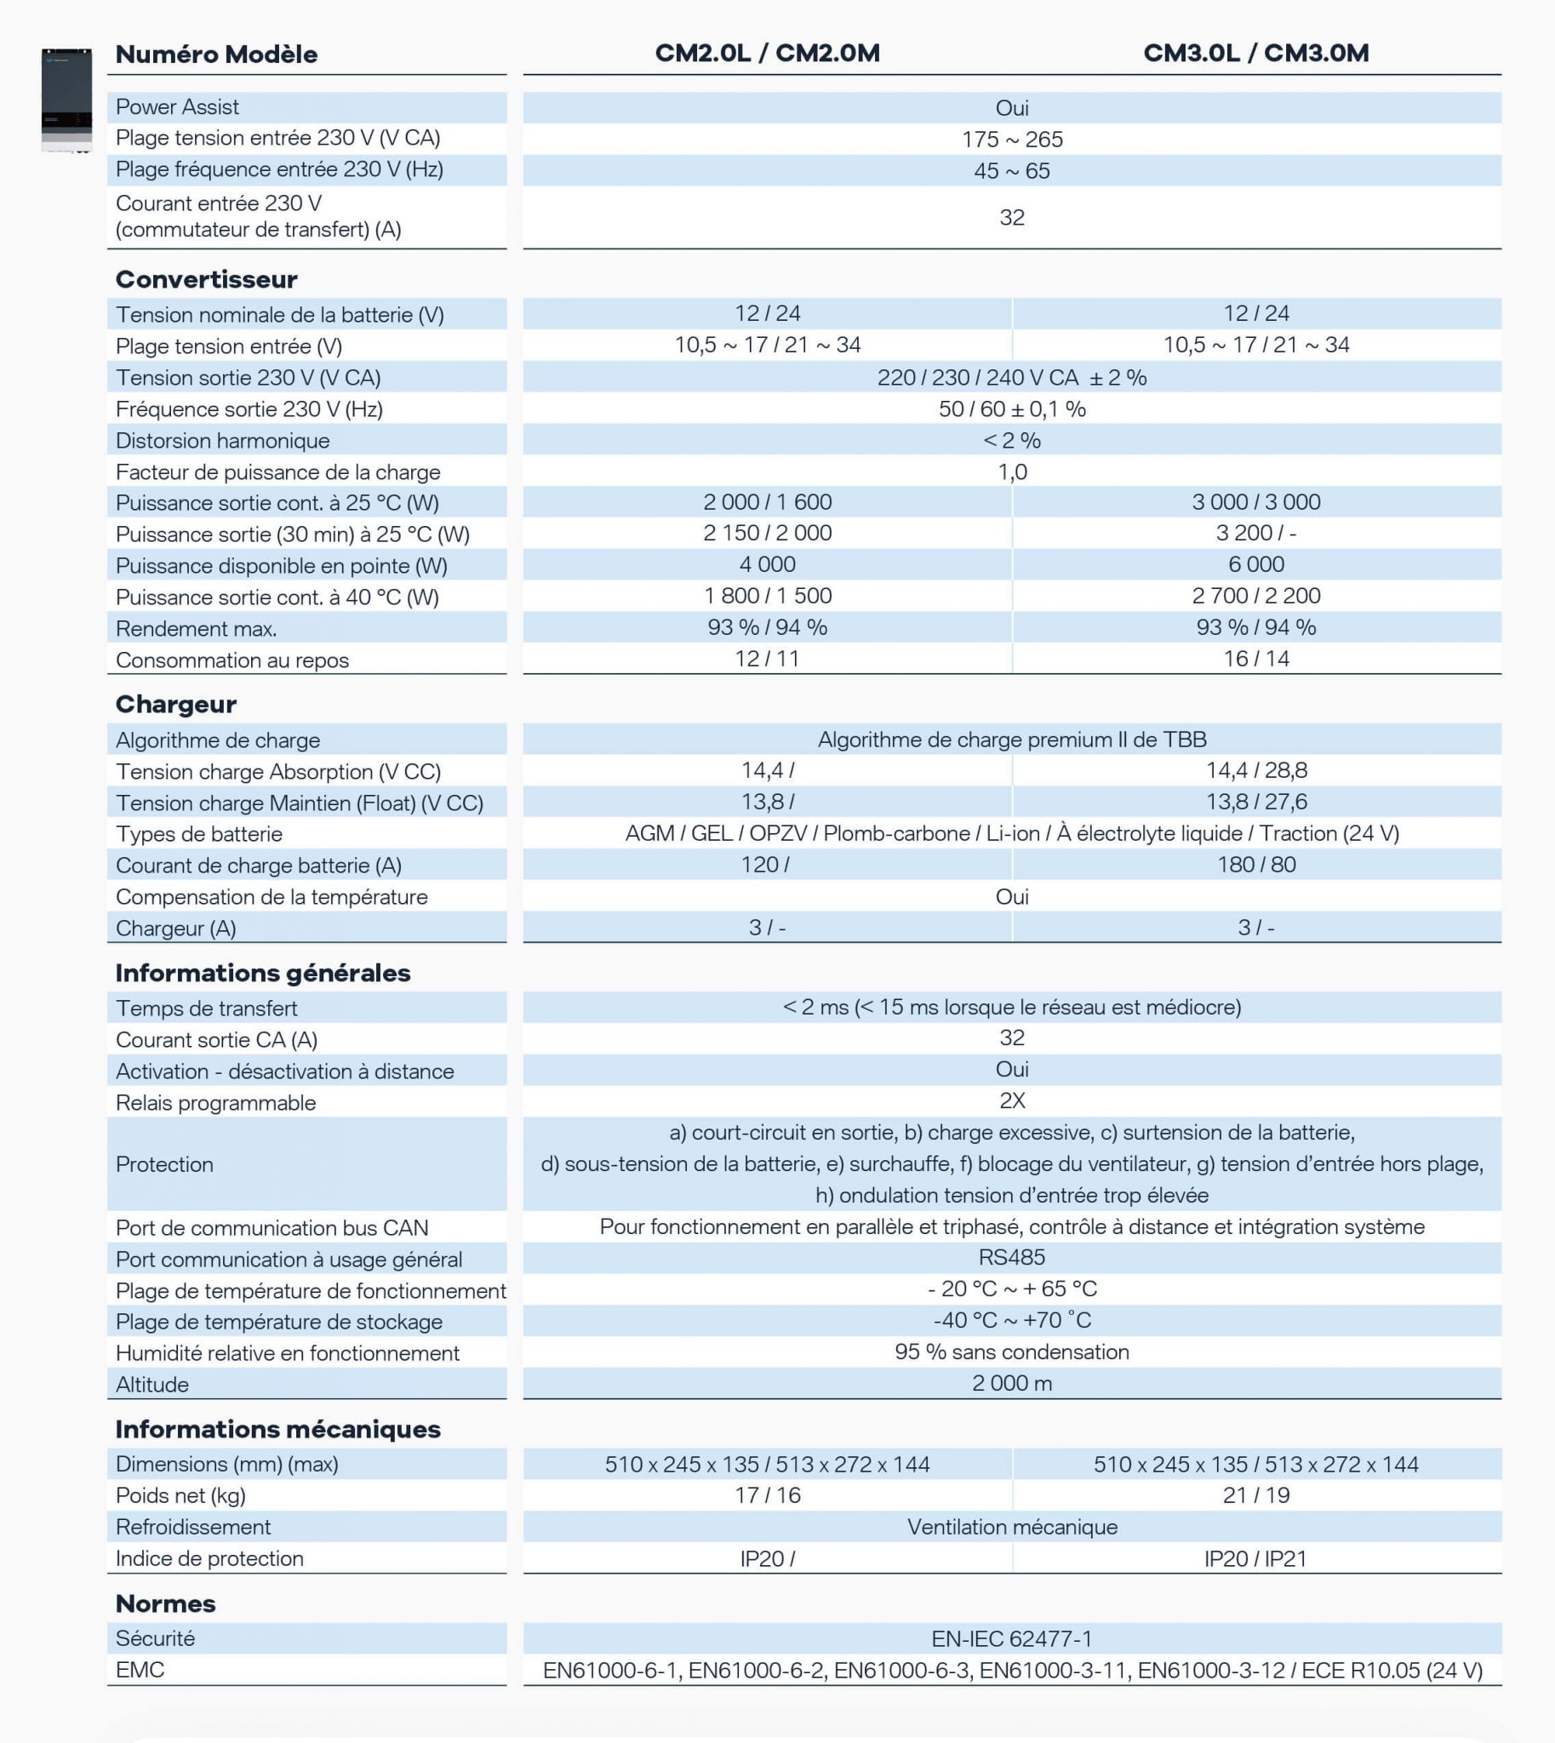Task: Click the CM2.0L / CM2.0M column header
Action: pos(767,53)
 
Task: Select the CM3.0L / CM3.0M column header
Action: pos(1256,53)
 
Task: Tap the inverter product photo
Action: pos(66,100)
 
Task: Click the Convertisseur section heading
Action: pos(207,279)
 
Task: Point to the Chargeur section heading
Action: pos(176,704)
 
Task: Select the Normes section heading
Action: pos(166,1603)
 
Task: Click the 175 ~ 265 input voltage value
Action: pos(1012,140)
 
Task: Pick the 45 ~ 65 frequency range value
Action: pos(1012,171)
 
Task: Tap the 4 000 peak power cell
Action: pos(767,564)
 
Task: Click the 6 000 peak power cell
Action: pos(1256,564)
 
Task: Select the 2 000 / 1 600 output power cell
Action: pos(767,501)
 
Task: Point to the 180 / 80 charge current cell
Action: pos(1256,865)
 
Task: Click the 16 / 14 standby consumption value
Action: pos(1256,659)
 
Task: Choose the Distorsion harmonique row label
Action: pos(223,441)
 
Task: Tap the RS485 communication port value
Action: pos(1012,1257)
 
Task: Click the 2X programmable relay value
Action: pos(1012,1100)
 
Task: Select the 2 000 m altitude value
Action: pos(1012,1383)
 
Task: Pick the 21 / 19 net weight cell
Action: pos(1256,1495)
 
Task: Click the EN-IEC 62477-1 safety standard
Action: pos(1012,1638)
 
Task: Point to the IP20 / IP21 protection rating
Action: pos(1256,1558)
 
